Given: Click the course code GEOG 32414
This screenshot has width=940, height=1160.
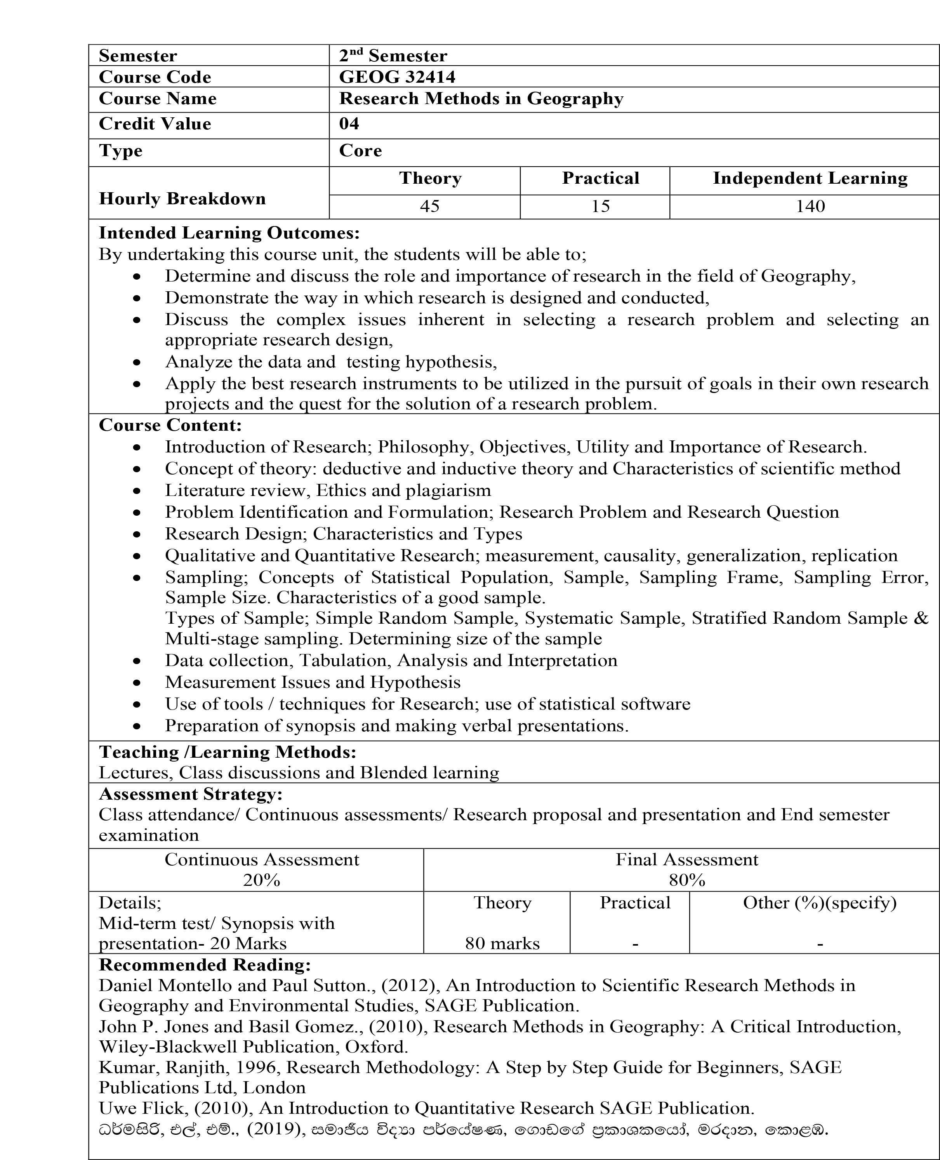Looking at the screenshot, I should tap(397, 77).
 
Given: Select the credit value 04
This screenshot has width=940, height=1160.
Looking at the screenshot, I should tap(349, 124).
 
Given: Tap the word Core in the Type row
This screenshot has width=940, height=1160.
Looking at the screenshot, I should tap(360, 151).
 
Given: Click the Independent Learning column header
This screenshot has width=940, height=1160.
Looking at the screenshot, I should tap(810, 178).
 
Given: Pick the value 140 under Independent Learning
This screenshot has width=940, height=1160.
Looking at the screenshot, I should tap(810, 206).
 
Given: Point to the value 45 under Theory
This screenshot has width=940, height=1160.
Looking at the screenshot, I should tap(429, 206).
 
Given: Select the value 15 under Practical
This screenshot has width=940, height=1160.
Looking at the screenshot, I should tap(601, 206).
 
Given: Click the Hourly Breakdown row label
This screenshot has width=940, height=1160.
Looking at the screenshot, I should tap(182, 199).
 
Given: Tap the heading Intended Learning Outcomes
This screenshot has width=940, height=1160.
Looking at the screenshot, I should tap(229, 233).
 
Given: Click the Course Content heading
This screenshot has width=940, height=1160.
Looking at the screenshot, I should tap(170, 425).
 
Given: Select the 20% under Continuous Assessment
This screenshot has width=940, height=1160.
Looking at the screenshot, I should tap(262, 880).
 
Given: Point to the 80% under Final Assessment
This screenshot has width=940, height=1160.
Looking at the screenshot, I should tap(686, 880).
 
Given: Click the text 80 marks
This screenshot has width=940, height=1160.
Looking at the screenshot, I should tap(502, 943).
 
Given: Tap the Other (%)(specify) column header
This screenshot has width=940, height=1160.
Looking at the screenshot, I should tap(819, 903).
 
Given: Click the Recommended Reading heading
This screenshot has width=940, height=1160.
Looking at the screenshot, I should tap(205, 965).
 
